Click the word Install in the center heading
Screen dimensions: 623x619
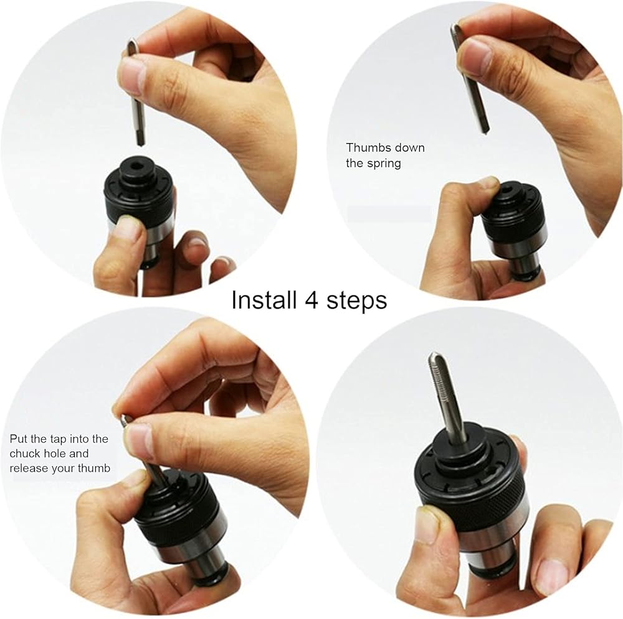[x=264, y=300]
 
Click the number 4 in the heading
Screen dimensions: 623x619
[x=312, y=300]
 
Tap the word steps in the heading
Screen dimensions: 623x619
[x=356, y=301]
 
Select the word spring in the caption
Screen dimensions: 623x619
[x=384, y=164]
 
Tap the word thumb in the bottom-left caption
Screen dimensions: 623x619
[x=94, y=468]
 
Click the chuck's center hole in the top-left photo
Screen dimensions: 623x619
[x=136, y=164]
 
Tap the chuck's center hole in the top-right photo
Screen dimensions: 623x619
[x=508, y=190]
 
